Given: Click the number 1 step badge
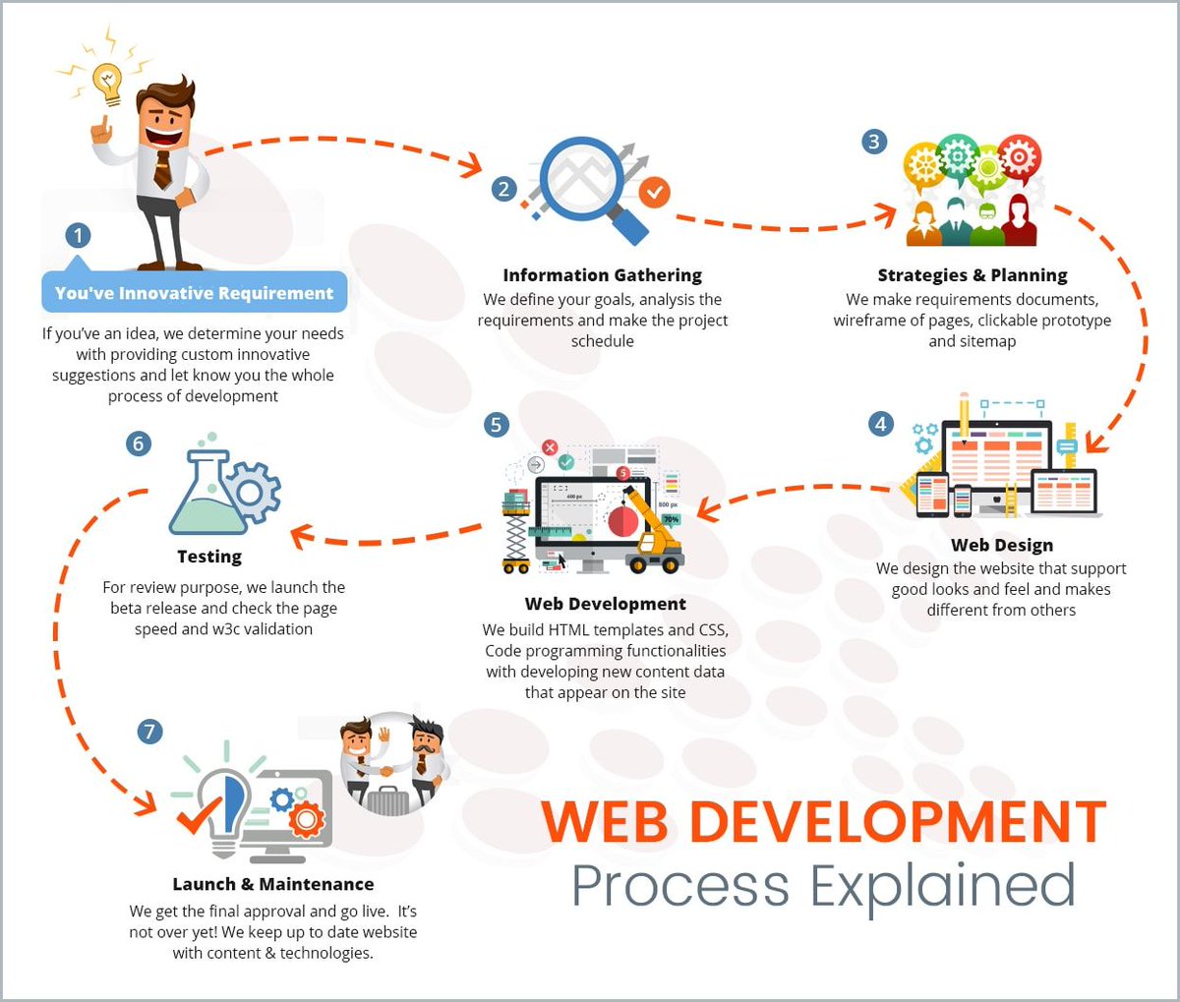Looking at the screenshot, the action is (x=78, y=236).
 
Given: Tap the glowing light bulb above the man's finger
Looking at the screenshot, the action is (x=105, y=82).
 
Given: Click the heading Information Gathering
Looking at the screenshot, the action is (x=602, y=275).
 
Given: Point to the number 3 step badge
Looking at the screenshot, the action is (x=873, y=142).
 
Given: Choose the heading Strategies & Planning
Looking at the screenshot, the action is (x=972, y=275).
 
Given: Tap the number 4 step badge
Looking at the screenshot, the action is (x=881, y=424).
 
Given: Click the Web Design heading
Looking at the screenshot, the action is (x=1001, y=545).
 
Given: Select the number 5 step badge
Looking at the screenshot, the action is (x=497, y=424).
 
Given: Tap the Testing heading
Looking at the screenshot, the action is (x=209, y=557).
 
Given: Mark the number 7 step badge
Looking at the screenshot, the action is (x=149, y=731).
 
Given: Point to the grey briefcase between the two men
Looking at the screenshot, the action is (x=387, y=799).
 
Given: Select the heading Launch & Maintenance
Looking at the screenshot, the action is (x=272, y=884).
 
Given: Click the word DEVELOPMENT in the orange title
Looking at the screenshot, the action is (x=898, y=822).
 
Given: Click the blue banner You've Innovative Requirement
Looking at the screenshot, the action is (x=194, y=293).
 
